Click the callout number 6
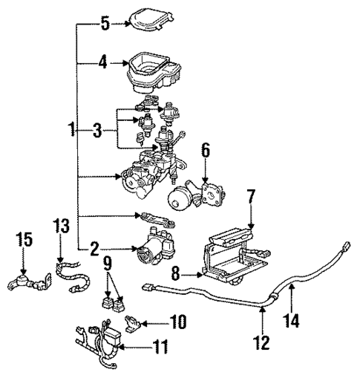pos(206,151)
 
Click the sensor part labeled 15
pos(24,282)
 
